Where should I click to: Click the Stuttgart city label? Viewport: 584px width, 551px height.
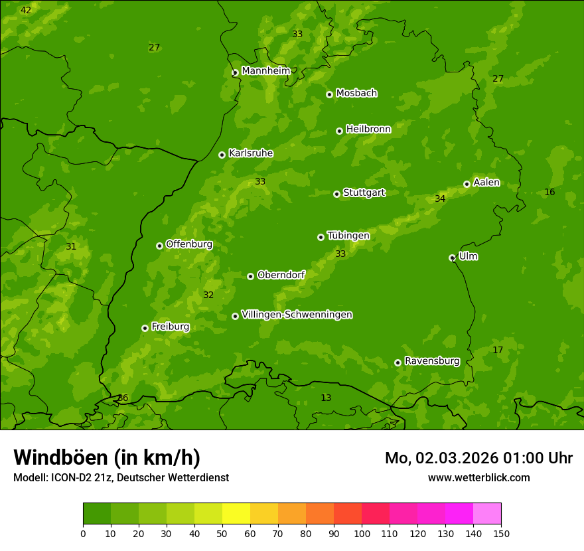[364, 193]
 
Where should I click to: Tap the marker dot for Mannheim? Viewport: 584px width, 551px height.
[235, 73]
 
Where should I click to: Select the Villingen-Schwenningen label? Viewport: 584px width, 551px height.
[297, 315]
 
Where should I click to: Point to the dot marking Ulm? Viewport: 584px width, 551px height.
[452, 258]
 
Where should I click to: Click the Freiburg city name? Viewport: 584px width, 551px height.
[170, 327]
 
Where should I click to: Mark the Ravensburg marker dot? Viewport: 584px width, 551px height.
[398, 362]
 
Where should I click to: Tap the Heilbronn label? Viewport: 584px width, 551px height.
[368, 129]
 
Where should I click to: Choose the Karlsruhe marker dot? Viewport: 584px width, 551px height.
[222, 155]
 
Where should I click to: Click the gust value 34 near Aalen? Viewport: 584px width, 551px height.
[440, 198]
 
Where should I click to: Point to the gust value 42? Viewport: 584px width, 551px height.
[26, 10]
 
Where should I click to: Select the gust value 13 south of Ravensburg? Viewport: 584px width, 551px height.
[326, 398]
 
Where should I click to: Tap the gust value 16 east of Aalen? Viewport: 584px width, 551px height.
[549, 192]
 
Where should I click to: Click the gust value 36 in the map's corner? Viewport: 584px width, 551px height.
[123, 398]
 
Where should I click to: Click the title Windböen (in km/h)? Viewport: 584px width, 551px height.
[107, 457]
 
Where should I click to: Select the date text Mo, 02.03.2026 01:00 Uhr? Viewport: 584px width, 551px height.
[478, 458]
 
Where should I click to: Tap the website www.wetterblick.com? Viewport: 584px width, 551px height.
[478, 477]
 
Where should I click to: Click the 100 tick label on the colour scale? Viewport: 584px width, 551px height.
[362, 533]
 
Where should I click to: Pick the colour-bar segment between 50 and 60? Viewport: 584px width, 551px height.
[236, 514]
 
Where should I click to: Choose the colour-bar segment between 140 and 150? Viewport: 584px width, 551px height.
[487, 514]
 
